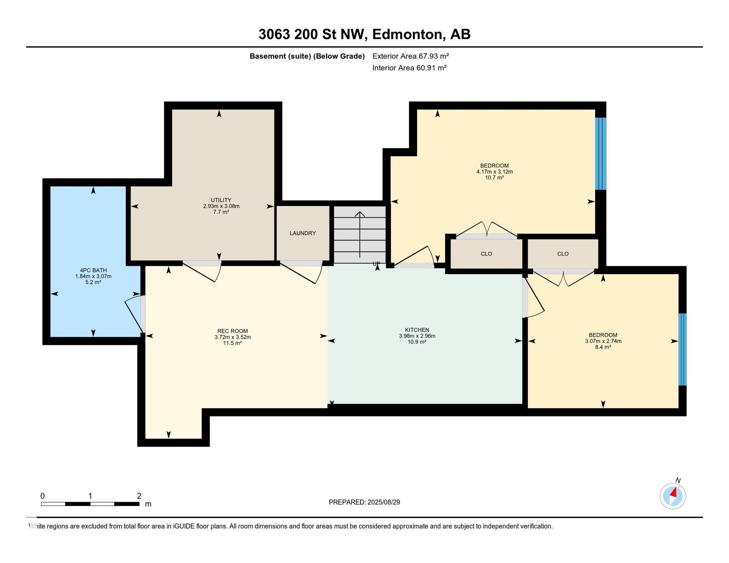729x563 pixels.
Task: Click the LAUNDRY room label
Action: click(x=303, y=233)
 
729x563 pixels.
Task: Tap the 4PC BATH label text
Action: click(x=93, y=270)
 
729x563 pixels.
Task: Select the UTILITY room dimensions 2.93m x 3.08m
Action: click(x=221, y=206)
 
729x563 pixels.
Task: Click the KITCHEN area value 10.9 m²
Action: click(x=417, y=342)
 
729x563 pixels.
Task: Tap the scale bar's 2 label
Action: click(x=139, y=496)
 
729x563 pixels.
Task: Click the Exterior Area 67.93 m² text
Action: click(x=410, y=56)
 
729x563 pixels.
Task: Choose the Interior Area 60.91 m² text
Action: click(x=409, y=68)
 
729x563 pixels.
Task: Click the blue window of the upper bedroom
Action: click(x=600, y=154)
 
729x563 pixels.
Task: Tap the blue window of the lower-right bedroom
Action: click(x=682, y=349)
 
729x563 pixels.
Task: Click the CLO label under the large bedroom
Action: click(x=486, y=254)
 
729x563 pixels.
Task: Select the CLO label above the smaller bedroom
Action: click(x=563, y=254)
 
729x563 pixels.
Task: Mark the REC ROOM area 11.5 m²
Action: click(x=232, y=343)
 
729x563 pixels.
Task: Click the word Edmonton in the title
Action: click(x=409, y=34)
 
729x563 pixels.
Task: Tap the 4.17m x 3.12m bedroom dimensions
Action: click(x=494, y=172)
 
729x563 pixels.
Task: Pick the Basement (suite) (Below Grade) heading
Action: click(x=307, y=56)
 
